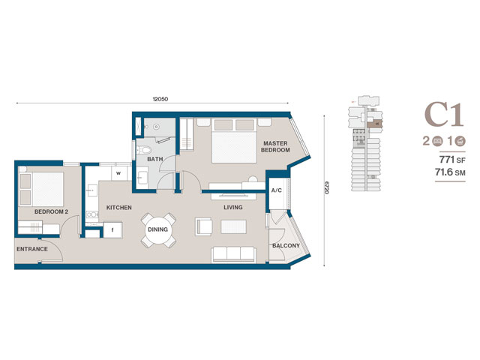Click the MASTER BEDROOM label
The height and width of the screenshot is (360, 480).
pos(275,147)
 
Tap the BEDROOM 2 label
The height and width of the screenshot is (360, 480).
pos(51,211)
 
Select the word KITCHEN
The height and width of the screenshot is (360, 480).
pos(118,208)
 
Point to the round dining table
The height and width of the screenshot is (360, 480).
pos(158,229)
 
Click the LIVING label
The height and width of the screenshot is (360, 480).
pos(233,207)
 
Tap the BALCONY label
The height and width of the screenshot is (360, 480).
pos(286,245)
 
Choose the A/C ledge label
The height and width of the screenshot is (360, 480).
pos(277,190)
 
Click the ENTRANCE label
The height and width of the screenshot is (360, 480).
pos(32,249)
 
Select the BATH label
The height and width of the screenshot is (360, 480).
pos(155,159)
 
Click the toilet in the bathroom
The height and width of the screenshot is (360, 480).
pos(144,150)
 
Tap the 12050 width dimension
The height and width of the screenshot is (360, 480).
pos(160,99)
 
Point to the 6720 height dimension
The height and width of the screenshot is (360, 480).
pos(327,188)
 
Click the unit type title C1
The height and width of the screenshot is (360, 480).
pos(444,115)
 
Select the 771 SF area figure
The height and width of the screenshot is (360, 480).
pos(452,160)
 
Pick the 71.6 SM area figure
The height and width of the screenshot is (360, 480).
pos(450,172)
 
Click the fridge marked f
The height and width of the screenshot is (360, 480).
pos(112,230)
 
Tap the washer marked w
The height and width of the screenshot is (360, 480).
pos(118,173)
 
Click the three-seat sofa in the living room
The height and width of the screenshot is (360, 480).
pos(233,255)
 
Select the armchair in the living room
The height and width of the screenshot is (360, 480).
pos(203,226)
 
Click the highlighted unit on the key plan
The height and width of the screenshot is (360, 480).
pos(375,124)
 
